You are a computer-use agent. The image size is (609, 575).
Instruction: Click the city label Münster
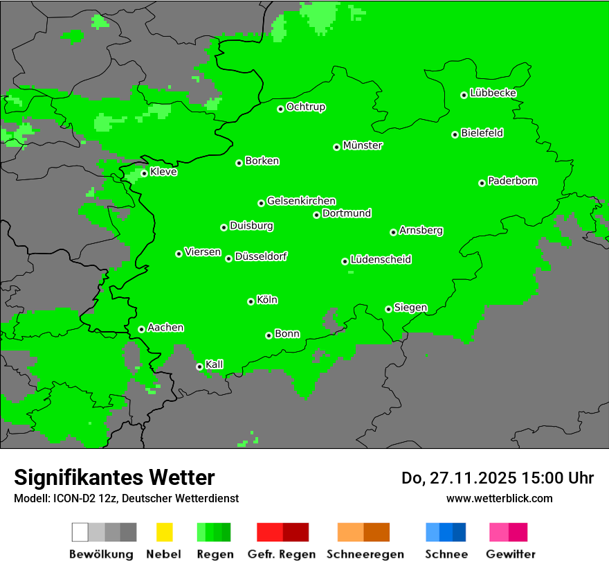[363, 145]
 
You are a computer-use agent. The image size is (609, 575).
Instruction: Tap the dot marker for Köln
[251, 301]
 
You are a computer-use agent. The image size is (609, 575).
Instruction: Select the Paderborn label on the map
[513, 181]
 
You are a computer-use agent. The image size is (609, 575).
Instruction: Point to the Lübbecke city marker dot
[464, 95]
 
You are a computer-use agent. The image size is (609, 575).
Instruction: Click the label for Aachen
[165, 328]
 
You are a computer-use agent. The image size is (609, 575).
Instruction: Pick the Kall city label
[215, 364]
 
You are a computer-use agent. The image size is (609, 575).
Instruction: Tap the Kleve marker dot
[144, 173]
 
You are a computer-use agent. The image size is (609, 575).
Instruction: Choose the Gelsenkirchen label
[301, 201]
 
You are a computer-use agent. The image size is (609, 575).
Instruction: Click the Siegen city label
[410, 308]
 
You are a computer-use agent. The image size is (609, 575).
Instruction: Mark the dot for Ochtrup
[281, 109]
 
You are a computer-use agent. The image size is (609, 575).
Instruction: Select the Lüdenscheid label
[381, 260]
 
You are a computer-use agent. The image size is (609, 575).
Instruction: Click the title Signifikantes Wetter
[114, 477]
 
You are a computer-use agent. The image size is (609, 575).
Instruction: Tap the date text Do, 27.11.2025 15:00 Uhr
[498, 478]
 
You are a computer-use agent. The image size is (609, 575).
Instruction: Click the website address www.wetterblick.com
[499, 498]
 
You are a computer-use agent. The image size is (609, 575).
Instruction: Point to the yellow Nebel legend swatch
[164, 532]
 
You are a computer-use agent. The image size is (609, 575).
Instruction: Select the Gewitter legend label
[511, 554]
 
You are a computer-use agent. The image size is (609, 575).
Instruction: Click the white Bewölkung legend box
[80, 532]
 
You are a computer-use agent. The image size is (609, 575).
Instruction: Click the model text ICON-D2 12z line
[126, 498]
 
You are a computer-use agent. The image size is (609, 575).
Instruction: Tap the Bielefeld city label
[482, 133]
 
